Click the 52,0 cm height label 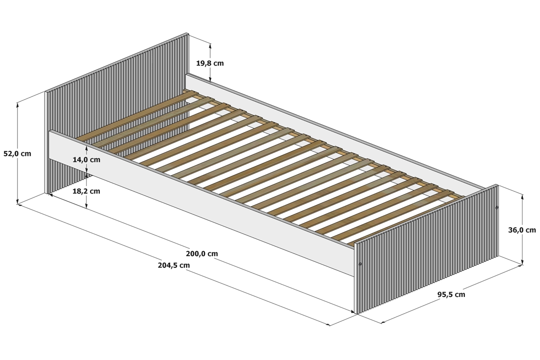(x=18, y=153)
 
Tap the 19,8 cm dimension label (x=210, y=63)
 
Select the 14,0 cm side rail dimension (x=86, y=160)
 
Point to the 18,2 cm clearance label (x=86, y=191)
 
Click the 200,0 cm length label (x=202, y=254)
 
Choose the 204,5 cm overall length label (x=174, y=265)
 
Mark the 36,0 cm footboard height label (x=522, y=230)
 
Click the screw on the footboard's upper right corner (x=497, y=207)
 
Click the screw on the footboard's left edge (x=360, y=264)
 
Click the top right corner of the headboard (x=188, y=33)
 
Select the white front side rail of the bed (x=202, y=203)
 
